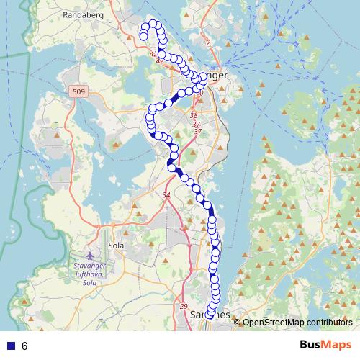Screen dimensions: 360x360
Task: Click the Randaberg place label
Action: (84, 14)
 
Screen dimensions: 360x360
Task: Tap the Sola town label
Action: (114, 245)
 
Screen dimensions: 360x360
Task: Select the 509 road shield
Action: (78, 92)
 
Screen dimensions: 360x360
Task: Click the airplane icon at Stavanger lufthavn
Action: (90, 256)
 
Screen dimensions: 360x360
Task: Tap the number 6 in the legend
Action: (24, 346)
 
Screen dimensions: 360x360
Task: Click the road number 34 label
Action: (166, 196)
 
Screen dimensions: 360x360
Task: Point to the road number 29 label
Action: (183, 306)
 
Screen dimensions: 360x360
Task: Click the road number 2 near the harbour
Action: (207, 44)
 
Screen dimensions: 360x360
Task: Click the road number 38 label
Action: (193, 115)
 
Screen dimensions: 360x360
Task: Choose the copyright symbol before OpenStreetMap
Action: (237, 322)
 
